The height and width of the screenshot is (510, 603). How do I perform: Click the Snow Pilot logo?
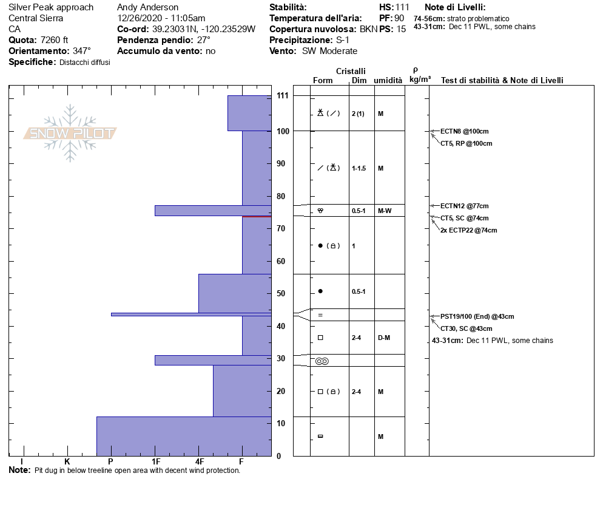(x=70, y=133)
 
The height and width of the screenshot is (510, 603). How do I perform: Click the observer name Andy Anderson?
(x=147, y=7)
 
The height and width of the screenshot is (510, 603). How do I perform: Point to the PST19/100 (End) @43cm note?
(x=477, y=316)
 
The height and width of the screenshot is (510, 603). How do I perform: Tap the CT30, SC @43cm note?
(x=466, y=328)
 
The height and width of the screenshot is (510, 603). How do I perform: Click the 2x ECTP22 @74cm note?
(x=468, y=230)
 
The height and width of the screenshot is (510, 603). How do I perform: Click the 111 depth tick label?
(x=282, y=96)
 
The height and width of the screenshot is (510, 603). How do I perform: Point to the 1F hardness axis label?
(x=155, y=462)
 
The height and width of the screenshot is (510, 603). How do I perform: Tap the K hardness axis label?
(x=67, y=462)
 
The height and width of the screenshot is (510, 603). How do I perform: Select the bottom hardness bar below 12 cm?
(x=184, y=436)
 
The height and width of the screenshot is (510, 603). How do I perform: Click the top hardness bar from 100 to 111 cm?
(x=249, y=113)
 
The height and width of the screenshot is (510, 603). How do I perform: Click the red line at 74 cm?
(x=256, y=216)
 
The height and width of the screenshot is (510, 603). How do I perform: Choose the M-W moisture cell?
(x=384, y=211)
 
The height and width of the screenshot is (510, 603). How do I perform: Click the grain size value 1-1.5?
(x=359, y=168)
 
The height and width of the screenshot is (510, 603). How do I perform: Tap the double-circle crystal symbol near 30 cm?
(x=322, y=361)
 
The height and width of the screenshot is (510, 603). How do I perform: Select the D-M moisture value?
(x=383, y=338)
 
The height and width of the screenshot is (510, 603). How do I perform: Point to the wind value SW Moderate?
(x=329, y=51)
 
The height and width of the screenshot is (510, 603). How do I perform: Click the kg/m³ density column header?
(x=420, y=80)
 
